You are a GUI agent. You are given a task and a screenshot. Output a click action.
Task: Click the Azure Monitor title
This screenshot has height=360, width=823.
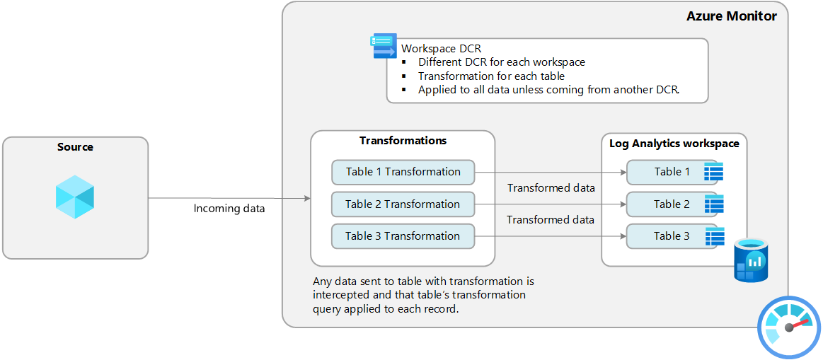click(x=732, y=16)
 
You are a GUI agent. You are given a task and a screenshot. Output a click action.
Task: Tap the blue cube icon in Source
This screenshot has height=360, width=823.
click(x=75, y=196)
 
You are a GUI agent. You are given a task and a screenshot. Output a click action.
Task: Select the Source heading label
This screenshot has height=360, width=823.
click(x=75, y=147)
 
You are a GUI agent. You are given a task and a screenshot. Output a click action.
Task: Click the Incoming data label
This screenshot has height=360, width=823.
click(x=229, y=209)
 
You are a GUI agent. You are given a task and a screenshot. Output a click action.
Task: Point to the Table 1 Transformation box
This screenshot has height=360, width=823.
click(x=403, y=172)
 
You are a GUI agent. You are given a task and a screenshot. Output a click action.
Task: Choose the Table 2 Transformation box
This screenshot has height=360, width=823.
click(x=403, y=204)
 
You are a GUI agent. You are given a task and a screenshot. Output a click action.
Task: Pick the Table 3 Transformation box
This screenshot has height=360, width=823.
click(x=403, y=236)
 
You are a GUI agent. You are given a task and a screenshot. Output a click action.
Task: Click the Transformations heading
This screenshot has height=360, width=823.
click(x=403, y=141)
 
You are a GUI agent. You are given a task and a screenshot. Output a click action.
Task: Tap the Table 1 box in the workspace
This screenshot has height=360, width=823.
click(x=667, y=172)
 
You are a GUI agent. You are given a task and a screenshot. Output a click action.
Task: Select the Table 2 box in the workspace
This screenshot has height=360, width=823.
click(x=667, y=204)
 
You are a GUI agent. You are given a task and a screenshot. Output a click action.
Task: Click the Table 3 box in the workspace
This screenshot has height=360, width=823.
click(x=667, y=236)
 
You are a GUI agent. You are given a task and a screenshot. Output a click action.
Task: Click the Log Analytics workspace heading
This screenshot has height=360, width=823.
click(x=674, y=144)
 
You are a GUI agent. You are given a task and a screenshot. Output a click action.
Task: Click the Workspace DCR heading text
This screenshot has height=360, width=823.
click(x=441, y=49)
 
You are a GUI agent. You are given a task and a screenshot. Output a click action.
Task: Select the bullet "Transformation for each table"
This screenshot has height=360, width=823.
click(x=491, y=76)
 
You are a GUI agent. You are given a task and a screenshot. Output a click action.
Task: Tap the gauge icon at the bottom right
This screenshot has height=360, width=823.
click(x=789, y=327)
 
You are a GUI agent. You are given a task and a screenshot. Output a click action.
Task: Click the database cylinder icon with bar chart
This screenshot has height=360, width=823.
click(x=750, y=261)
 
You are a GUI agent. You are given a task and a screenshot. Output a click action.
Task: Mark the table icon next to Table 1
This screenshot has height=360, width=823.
click(x=713, y=172)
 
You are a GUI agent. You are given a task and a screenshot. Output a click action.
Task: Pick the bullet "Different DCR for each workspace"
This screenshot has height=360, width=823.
click(x=501, y=62)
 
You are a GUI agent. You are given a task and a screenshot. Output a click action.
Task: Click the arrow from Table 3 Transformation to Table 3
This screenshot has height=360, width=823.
click(x=550, y=236)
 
